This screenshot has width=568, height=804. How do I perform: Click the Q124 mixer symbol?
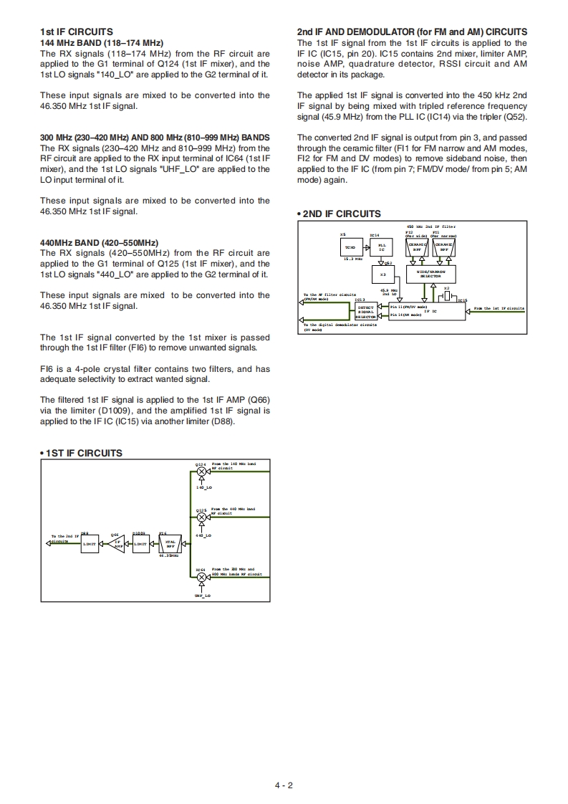pos(201,471)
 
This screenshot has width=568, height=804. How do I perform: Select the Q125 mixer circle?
pos(201,516)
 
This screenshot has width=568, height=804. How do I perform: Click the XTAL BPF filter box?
pos(170,544)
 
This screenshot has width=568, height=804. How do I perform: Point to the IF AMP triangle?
pos(119,544)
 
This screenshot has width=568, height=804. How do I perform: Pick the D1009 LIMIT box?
pos(141,544)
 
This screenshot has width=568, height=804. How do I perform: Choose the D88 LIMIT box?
pos(89,544)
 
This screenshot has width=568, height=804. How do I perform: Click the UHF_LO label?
pos(202,595)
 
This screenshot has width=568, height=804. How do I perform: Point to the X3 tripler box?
pos(382,275)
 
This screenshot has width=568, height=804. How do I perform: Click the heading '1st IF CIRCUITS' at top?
pos(77,32)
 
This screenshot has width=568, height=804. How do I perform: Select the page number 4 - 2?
pos(284,785)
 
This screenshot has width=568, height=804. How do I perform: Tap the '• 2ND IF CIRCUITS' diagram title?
pos(339,214)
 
